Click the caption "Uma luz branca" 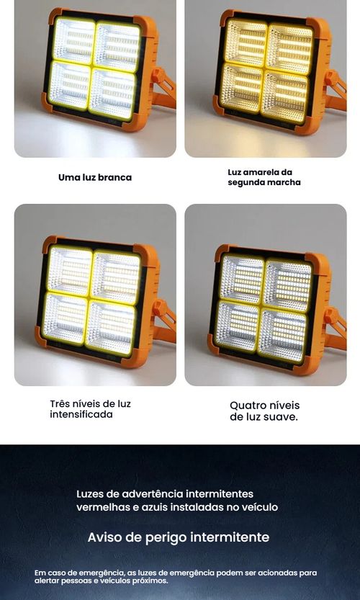coord(95,177)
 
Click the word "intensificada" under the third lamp coord(81,415)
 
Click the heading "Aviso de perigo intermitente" coord(179,537)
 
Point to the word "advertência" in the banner coord(156,494)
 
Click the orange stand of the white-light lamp coord(165,86)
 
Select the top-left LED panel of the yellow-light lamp coord(246,44)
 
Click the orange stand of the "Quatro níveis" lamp coord(335,323)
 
